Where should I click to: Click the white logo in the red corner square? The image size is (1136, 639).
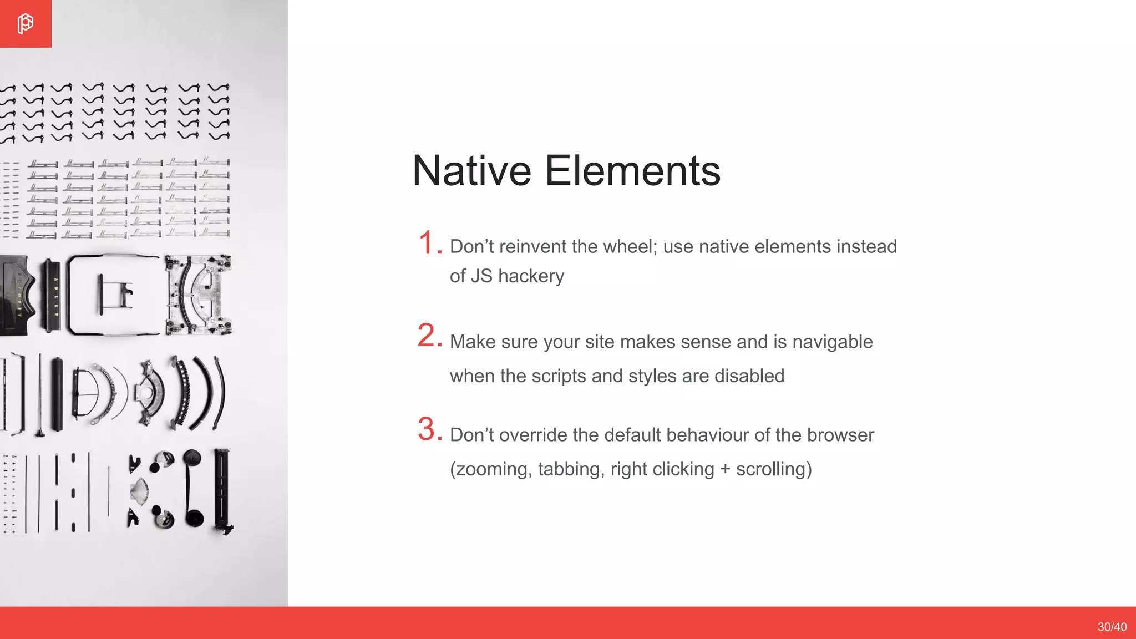25,24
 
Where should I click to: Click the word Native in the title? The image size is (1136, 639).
471,171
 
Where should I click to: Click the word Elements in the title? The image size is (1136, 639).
632,171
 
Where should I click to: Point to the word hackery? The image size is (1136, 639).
531,276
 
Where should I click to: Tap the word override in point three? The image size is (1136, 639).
533,435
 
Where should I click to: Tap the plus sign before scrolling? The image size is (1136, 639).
725,470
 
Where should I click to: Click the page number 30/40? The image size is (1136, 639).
1112,627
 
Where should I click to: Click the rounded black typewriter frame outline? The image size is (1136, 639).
114,295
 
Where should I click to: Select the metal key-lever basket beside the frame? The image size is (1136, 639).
198,295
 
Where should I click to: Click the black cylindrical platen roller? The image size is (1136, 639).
57,394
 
